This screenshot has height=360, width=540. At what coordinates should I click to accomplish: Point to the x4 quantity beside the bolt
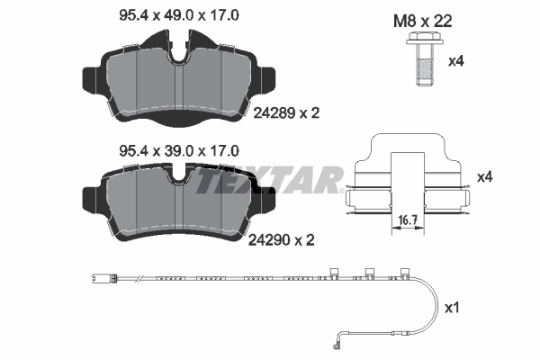tap(455, 62)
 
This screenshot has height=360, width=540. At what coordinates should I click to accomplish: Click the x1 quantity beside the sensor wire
tap(453, 308)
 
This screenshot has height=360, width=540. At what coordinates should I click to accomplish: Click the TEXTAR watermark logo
tap(270, 181)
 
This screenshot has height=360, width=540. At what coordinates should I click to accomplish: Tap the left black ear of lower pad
tap(91, 193)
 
